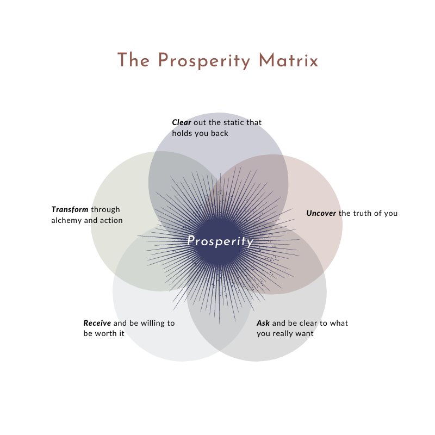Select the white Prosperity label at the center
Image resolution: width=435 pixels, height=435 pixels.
coord(220,241)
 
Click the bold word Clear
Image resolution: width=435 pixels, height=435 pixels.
coord(182,122)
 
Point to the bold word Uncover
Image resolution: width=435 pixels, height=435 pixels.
coord(321,213)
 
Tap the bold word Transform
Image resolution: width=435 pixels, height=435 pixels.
coord(70,209)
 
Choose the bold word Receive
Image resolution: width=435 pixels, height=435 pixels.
coord(97,323)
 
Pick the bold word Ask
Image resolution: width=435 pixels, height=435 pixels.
coord(263,323)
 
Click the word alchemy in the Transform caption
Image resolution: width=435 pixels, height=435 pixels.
coord(67,220)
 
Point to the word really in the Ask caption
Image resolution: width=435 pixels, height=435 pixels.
coord(285,333)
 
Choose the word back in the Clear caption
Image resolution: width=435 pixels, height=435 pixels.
coord(220,133)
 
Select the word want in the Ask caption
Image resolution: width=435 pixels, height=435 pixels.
coord(306,333)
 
